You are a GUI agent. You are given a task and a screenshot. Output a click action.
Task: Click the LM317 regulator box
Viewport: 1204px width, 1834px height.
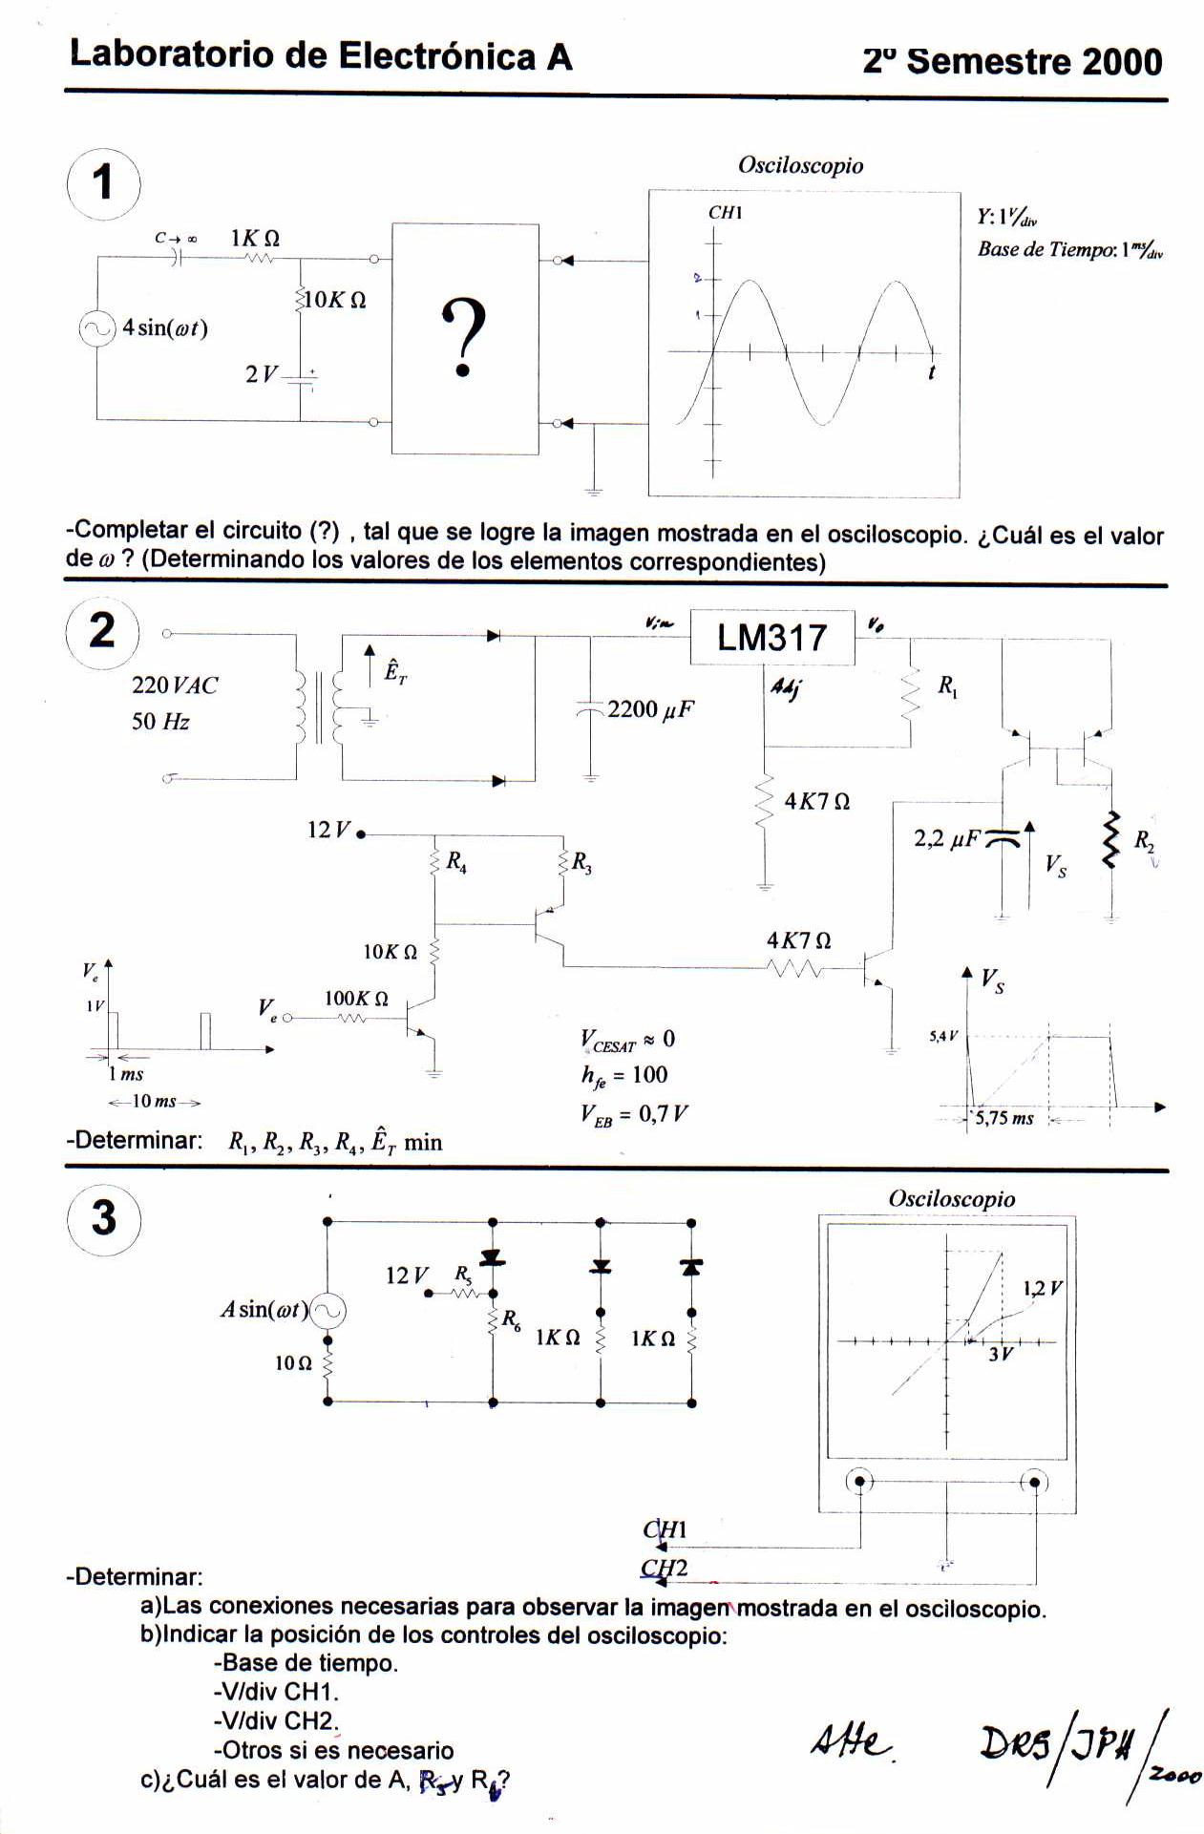point(771,637)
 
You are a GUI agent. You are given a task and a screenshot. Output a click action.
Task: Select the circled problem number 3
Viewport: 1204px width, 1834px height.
point(104,1218)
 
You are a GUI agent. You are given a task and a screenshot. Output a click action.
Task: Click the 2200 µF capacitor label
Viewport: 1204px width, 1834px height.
point(650,709)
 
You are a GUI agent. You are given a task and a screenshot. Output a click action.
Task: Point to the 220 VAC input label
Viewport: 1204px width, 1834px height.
point(175,685)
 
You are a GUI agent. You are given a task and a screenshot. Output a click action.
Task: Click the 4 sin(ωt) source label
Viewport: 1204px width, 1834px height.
point(164,328)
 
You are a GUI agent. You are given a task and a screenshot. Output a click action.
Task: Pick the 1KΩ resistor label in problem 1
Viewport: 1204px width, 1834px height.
point(255,238)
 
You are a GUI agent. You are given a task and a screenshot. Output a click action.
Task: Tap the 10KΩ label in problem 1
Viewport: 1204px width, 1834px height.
point(334,300)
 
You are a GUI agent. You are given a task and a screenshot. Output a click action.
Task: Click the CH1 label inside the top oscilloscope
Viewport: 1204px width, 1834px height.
point(725,213)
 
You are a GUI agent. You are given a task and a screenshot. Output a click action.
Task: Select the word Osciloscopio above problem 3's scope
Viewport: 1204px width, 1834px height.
point(951,1199)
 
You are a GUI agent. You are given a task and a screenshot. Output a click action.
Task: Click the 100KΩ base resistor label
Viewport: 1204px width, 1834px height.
point(356,999)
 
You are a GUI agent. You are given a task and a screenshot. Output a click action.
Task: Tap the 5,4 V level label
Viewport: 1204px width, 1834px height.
point(943,1036)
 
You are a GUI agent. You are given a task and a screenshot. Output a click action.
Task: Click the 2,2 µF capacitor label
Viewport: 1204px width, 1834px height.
point(947,838)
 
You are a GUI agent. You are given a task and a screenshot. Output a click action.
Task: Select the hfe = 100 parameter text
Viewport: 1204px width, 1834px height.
point(624,1075)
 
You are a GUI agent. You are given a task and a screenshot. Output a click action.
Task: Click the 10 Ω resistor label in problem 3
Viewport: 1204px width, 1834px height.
point(293,1363)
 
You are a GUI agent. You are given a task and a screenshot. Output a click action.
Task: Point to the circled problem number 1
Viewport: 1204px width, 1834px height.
point(104,182)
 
